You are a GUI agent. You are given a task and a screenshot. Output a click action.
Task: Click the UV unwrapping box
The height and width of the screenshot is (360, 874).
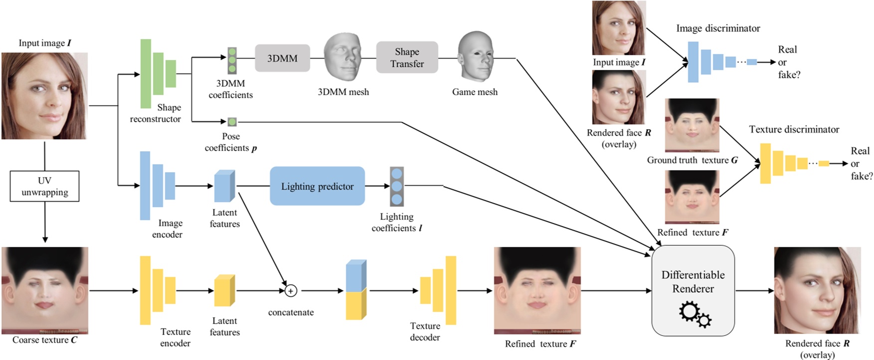(44, 186)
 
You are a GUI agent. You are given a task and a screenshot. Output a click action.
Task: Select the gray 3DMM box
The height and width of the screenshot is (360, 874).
(282, 58)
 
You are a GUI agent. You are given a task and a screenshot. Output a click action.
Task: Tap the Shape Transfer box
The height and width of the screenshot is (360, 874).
(407, 58)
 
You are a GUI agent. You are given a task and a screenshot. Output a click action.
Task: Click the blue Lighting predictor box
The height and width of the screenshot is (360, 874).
(317, 186)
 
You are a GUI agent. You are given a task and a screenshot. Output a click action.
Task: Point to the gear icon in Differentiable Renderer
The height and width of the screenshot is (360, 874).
(695, 315)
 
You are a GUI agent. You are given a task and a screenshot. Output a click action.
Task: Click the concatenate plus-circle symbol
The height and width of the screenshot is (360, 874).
(291, 290)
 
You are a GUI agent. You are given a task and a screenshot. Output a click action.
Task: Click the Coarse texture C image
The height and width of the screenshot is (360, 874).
(45, 290)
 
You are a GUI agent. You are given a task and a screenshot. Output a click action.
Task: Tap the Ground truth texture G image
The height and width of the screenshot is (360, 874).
(692, 126)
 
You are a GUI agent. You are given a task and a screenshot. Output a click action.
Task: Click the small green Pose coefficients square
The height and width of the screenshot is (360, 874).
(232, 122)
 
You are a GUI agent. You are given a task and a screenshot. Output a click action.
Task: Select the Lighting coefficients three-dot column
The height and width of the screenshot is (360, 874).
(397, 186)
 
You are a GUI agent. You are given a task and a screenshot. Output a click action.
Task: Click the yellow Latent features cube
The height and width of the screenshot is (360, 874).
(224, 290)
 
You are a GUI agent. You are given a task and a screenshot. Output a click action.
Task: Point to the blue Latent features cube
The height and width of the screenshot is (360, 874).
(224, 186)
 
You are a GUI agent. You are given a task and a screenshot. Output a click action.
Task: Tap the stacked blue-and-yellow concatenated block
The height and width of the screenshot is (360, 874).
(356, 290)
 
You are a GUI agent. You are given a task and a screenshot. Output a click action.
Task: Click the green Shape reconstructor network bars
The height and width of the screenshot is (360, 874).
(158, 73)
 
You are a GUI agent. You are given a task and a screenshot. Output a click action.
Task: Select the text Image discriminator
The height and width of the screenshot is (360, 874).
(718, 28)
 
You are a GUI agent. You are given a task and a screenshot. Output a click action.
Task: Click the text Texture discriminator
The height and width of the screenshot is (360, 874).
(794, 130)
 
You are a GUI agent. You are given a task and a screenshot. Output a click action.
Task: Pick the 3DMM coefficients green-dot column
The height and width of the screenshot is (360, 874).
(232, 60)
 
